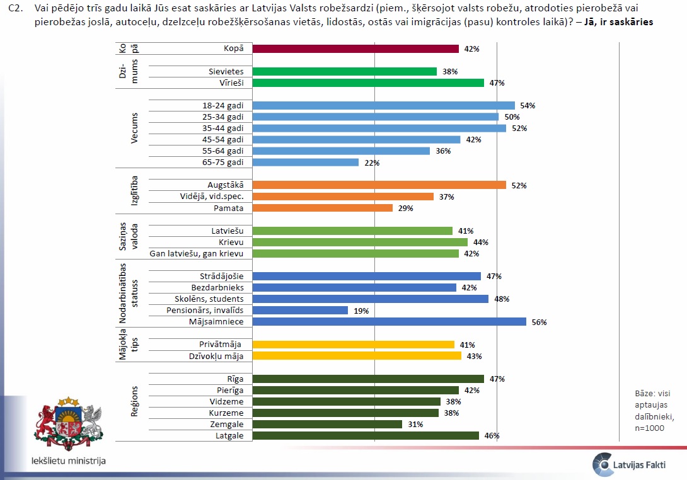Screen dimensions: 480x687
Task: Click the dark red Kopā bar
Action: (x=355, y=49)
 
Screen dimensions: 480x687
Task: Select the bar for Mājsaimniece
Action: (x=389, y=322)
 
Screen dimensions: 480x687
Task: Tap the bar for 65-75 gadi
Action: (x=305, y=163)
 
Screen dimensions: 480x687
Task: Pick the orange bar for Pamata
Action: (x=322, y=208)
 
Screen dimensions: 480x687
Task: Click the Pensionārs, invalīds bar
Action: (x=300, y=311)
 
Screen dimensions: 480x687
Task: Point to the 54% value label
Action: (x=527, y=106)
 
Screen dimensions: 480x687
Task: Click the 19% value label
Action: (x=361, y=311)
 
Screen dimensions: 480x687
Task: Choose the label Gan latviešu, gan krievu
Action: (x=200, y=254)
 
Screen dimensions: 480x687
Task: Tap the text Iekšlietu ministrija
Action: (x=69, y=460)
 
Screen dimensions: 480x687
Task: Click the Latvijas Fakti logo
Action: (x=633, y=464)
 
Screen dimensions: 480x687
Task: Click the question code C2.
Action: (x=14, y=8)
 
